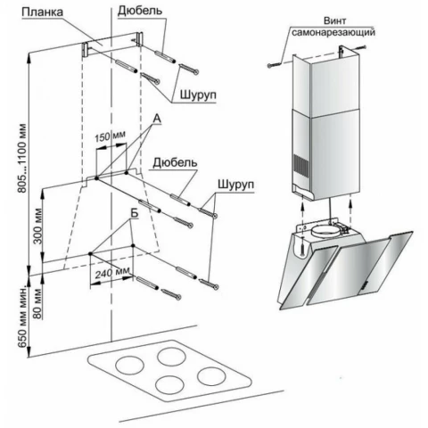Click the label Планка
coord(43,12)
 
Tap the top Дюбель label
coord(140,11)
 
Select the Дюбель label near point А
coord(175,163)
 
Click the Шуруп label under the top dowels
coord(198,95)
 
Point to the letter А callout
coord(157,119)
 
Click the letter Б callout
coord(134,214)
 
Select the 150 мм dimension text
coord(110,136)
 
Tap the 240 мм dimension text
coord(112,272)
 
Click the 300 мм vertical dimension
coord(38,226)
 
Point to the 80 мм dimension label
coord(37,303)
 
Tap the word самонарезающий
coord(333,32)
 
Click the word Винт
coord(334,21)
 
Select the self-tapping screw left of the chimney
coord(274,65)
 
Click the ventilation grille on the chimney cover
coord(300,167)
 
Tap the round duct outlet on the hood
coord(327,231)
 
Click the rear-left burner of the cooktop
coord(172,357)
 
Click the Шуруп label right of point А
coord(236,185)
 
